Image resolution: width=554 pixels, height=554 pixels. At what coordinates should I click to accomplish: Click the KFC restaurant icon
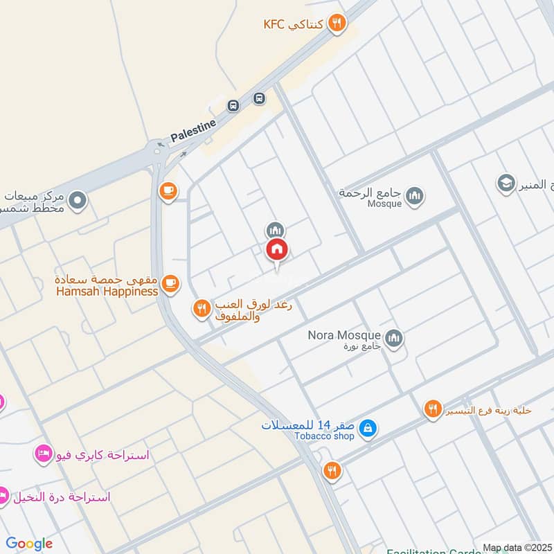tap(337, 24)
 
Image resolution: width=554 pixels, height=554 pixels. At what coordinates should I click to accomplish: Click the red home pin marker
tap(277, 250)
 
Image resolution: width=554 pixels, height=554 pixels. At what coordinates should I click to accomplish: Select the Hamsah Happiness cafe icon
tap(170, 283)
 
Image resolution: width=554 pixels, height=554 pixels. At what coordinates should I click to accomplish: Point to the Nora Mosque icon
tap(395, 337)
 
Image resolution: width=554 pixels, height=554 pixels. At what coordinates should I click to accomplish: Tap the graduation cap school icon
tap(506, 184)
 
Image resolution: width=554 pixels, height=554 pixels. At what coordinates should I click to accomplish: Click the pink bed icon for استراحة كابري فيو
tap(42, 455)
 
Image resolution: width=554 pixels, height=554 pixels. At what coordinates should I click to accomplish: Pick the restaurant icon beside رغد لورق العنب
tap(201, 309)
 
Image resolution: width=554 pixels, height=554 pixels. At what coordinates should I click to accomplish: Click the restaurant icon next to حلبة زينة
tap(433, 409)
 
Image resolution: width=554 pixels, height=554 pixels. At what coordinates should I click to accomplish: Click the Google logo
tap(29, 544)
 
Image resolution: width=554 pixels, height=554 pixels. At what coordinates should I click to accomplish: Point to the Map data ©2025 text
tap(517, 548)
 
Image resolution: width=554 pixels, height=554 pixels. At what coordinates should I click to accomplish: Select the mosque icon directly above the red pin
tap(275, 230)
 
